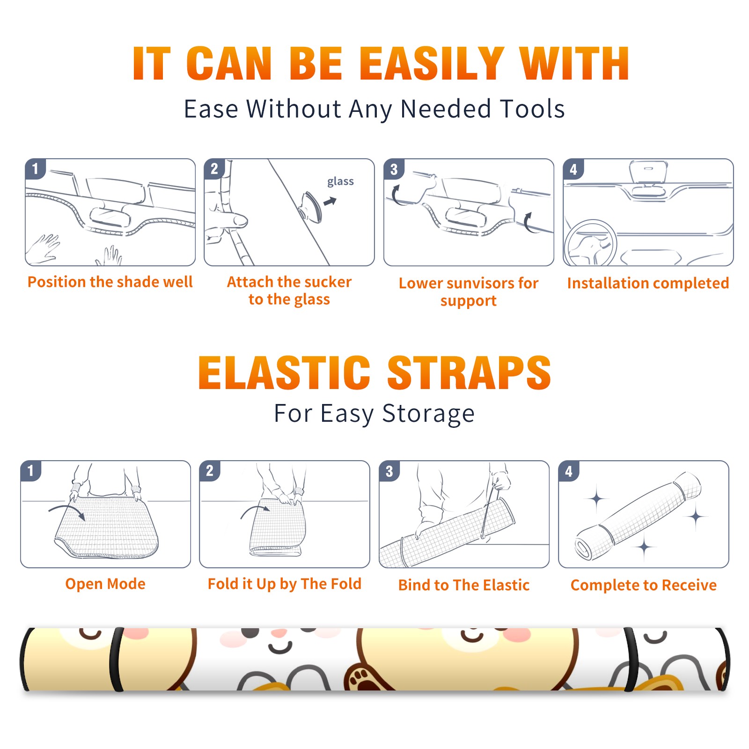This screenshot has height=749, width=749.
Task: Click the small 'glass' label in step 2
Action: [340, 182]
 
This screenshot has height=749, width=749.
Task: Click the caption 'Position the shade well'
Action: [110, 282]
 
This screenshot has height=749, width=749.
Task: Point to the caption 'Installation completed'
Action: [648, 283]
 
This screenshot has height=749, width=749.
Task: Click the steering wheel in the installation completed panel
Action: [590, 243]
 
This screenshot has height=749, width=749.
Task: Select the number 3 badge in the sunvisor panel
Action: [394, 169]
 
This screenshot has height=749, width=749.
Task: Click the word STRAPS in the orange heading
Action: [469, 373]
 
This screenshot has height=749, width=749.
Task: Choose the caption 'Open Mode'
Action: [105, 584]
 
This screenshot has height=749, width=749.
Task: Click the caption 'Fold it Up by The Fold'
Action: [285, 584]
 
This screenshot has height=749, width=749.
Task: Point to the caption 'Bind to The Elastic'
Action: [464, 585]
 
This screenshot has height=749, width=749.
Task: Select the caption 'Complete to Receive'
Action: [644, 585]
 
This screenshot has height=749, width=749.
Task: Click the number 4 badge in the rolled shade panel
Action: [569, 471]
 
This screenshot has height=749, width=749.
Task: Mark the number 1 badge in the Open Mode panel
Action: [31, 470]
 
